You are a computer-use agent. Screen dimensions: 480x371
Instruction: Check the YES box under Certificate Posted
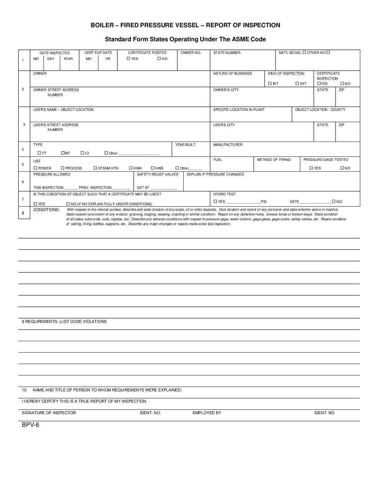[129, 59]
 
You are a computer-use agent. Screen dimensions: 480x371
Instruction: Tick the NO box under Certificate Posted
[159, 59]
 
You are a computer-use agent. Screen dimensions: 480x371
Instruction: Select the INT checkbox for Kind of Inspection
[270, 84]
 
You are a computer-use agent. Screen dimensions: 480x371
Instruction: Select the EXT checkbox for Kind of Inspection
[297, 84]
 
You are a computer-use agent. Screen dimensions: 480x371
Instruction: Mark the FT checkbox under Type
[40, 153]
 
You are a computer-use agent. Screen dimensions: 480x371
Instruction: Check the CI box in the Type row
[83, 153]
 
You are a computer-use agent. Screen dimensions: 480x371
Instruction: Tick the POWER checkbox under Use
[35, 168]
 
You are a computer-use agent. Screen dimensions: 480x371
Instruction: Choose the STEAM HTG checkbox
[95, 168]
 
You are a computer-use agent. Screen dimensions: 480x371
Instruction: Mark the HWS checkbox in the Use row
[152, 168]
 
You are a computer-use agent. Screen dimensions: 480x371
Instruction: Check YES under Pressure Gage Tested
[311, 168]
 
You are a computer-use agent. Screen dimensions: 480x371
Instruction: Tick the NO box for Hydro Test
[334, 201]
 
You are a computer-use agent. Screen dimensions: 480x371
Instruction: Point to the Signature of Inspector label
[49, 413]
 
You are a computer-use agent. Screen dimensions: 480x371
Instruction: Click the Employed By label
[207, 413]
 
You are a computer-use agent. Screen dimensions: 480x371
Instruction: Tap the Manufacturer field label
[228, 145]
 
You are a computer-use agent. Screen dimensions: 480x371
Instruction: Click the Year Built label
[185, 145]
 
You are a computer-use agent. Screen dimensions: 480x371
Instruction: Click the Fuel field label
[218, 160]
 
